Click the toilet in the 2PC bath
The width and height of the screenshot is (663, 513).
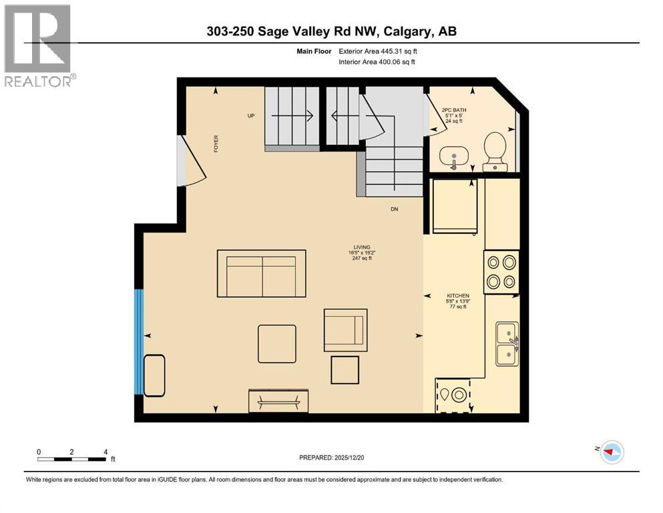[x=495, y=151]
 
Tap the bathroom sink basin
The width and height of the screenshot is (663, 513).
[x=454, y=157]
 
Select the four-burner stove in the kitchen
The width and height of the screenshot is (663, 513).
[x=501, y=271]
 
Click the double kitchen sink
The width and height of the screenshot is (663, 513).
[x=507, y=343]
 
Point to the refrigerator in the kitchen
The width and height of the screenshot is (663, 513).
[x=455, y=207]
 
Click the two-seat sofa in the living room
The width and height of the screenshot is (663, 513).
[x=262, y=274]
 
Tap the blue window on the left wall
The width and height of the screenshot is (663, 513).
[x=139, y=342]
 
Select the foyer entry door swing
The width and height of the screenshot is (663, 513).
[x=190, y=160]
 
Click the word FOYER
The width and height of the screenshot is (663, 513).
[x=216, y=144]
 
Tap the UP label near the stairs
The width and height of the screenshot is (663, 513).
[x=251, y=116]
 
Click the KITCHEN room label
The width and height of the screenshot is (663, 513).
[x=458, y=295]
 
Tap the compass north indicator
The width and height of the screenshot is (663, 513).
[x=611, y=452]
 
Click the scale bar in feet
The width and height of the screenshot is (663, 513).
[x=72, y=458]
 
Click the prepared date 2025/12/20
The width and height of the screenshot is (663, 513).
[x=331, y=458]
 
